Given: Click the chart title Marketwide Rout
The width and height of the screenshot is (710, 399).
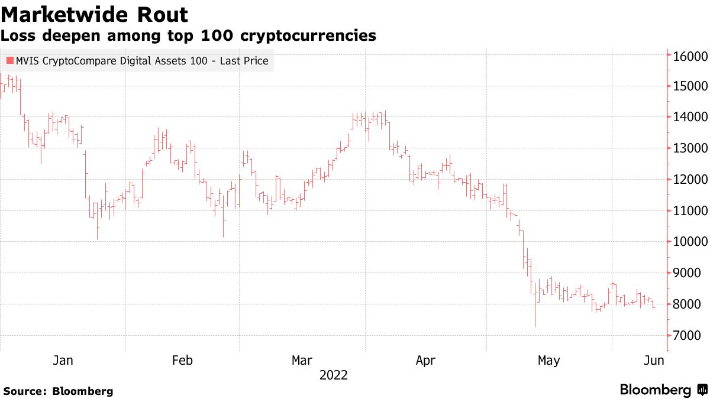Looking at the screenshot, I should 95,14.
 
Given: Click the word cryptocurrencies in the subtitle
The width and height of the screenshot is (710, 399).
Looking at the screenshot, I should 308,36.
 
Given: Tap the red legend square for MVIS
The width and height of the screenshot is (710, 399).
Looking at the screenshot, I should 9,60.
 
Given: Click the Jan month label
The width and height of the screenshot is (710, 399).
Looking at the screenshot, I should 63,361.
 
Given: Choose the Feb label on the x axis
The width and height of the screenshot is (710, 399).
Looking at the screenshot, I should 182,361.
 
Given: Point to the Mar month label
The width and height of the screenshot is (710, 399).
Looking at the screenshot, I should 302,361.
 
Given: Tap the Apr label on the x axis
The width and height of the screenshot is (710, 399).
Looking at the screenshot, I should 425,361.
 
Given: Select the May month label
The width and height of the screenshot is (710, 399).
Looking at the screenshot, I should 548,361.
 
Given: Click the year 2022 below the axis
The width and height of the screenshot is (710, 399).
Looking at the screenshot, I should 334,375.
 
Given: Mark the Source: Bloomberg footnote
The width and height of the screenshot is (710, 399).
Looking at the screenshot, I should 58,391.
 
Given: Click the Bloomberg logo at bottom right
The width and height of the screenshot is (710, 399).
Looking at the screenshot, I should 663,390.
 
